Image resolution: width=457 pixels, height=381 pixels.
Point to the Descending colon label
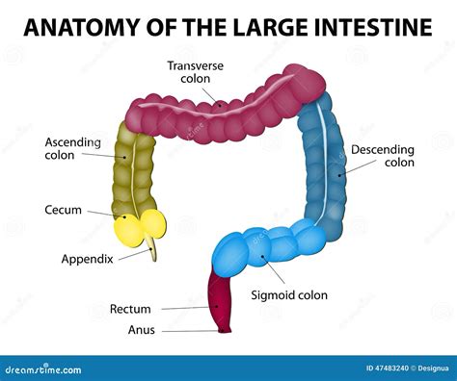(382, 156)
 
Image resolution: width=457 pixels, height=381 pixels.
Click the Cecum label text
(62, 210)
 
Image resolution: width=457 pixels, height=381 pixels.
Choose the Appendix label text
(88, 259)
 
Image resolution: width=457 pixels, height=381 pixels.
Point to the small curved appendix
(152, 252)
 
